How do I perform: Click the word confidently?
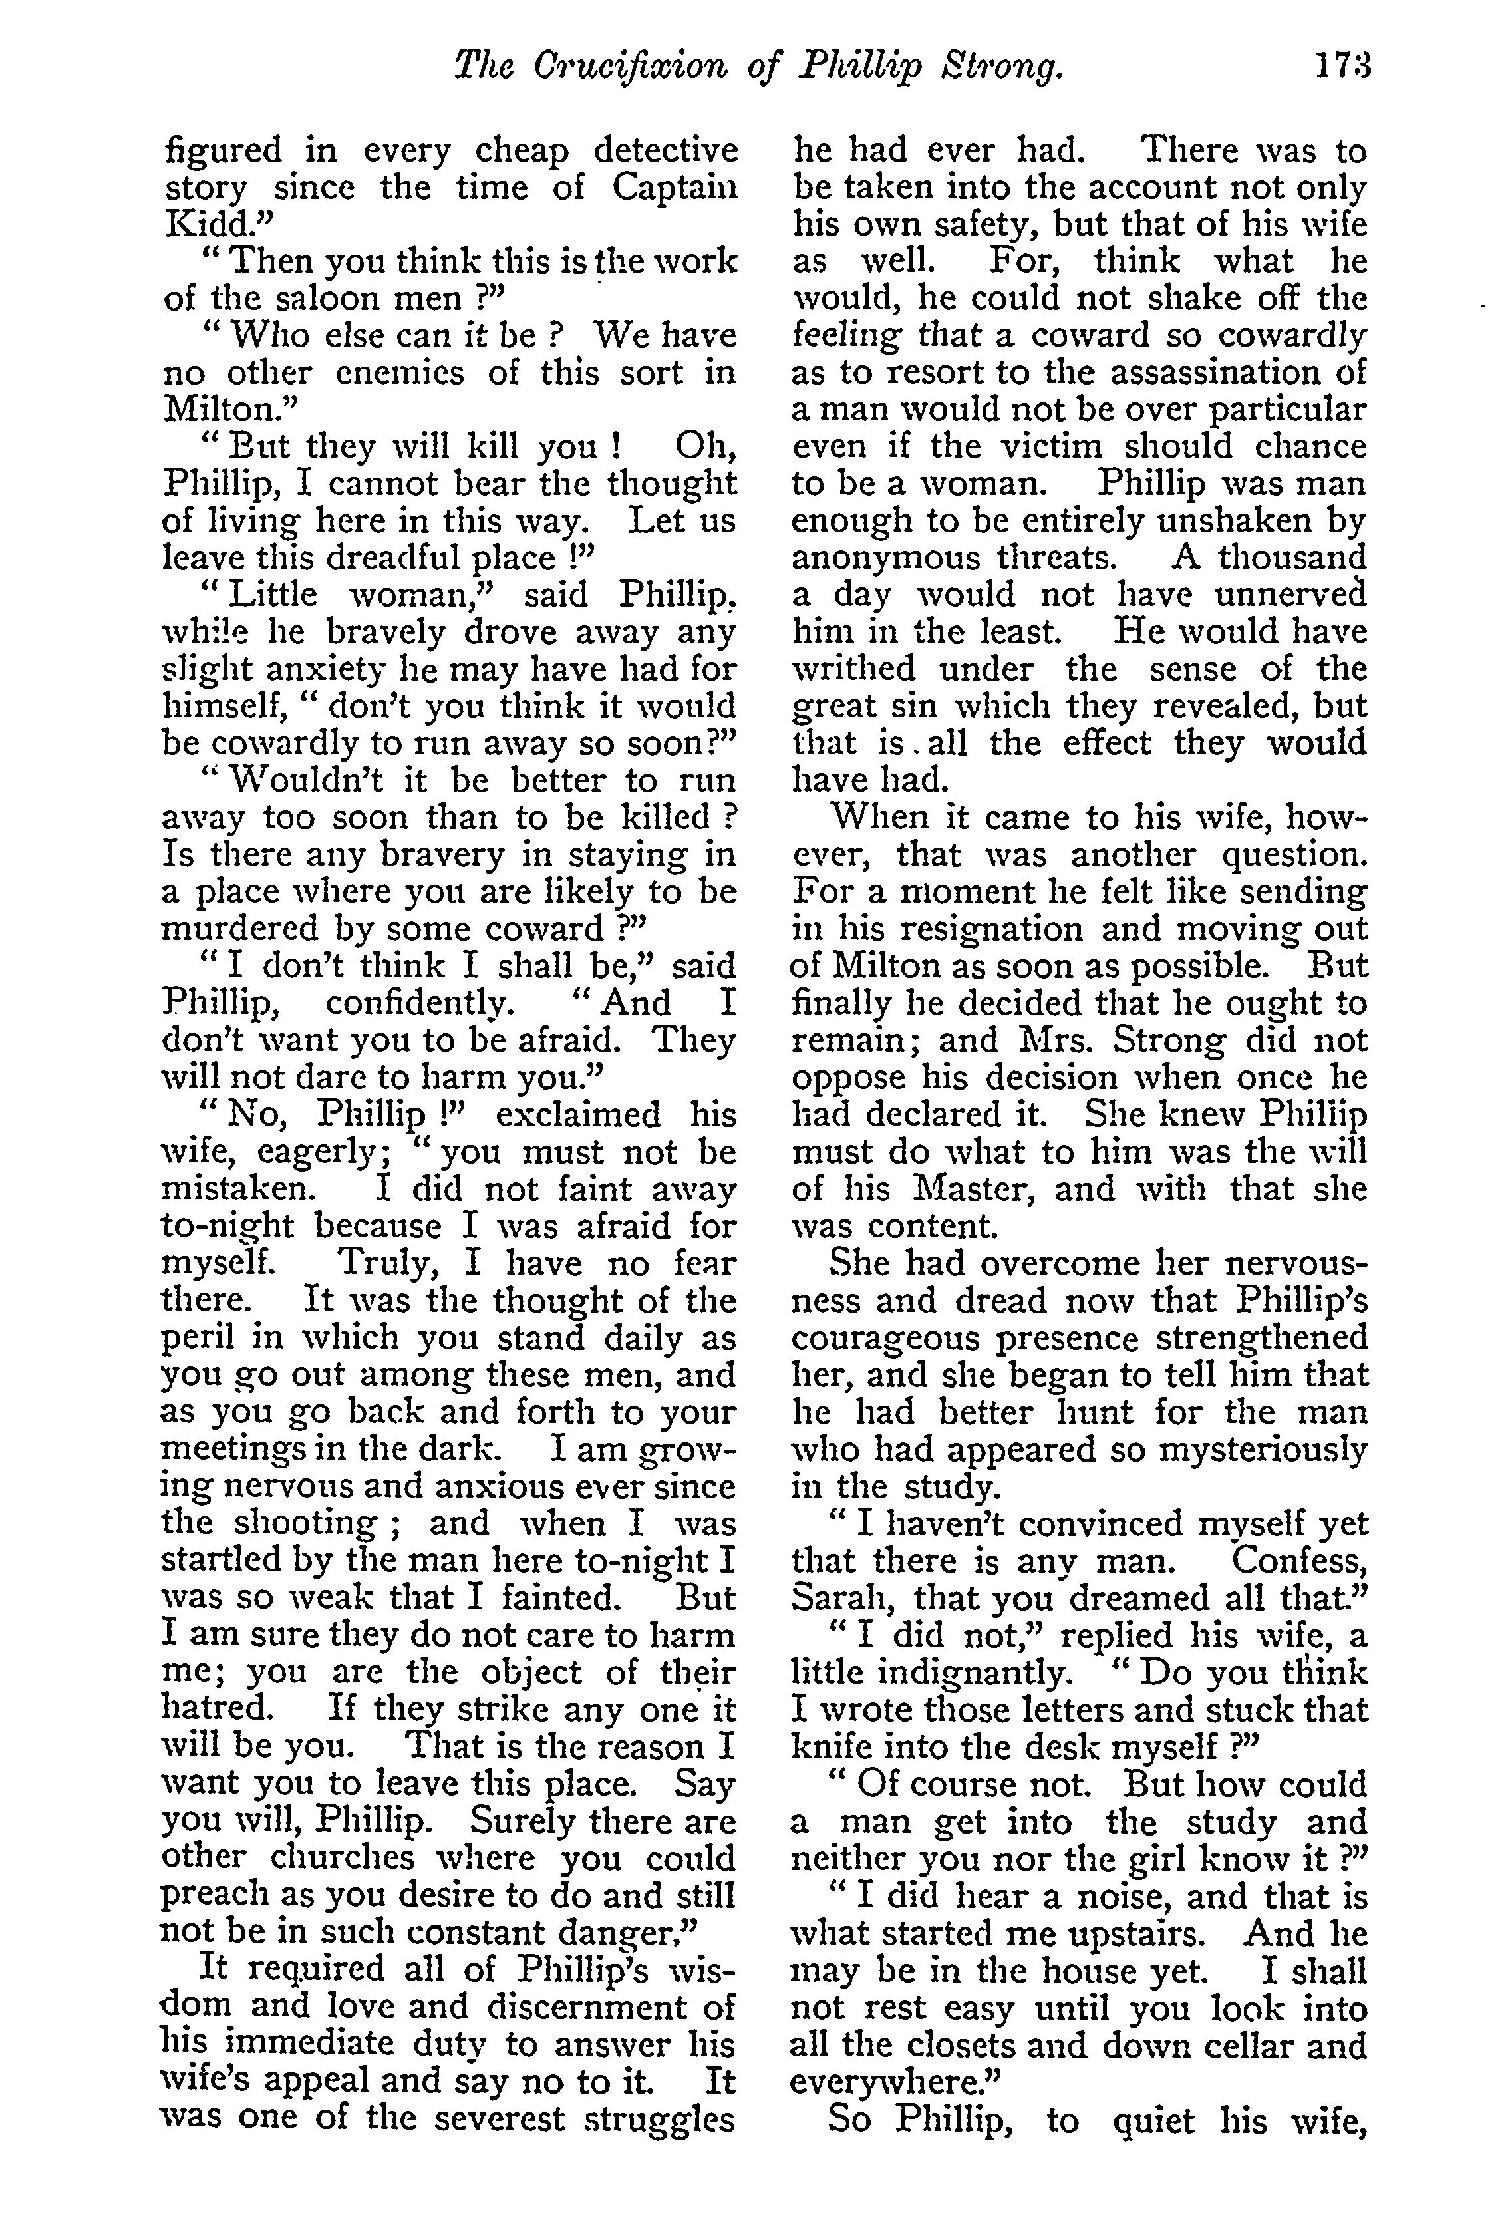(420, 1003)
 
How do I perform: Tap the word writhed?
(851, 669)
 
